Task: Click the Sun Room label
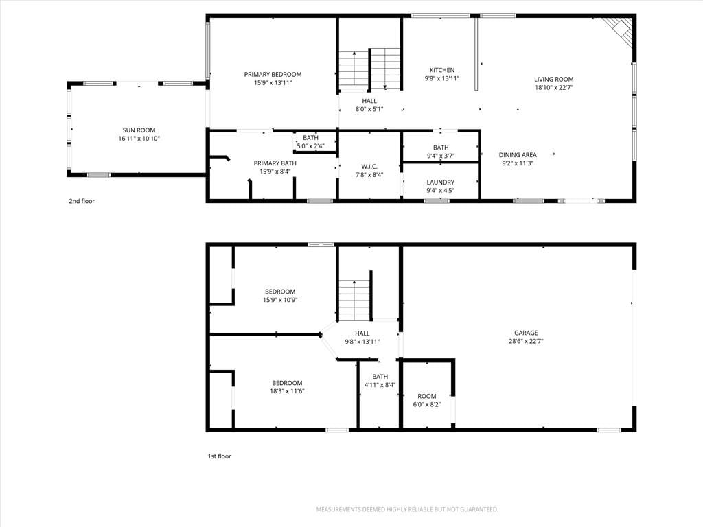click(139, 130)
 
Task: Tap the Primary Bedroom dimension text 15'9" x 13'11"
click(273, 83)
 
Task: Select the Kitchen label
click(442, 71)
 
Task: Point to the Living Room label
click(554, 80)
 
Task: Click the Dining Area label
click(518, 155)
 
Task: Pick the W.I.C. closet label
click(369, 167)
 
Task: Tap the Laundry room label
click(440, 183)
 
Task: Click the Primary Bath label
click(275, 163)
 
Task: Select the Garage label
click(526, 333)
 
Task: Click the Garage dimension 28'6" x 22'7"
click(526, 342)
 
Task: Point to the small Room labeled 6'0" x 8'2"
click(427, 396)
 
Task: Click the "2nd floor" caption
click(82, 201)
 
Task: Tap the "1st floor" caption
click(219, 456)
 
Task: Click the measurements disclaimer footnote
click(407, 510)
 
